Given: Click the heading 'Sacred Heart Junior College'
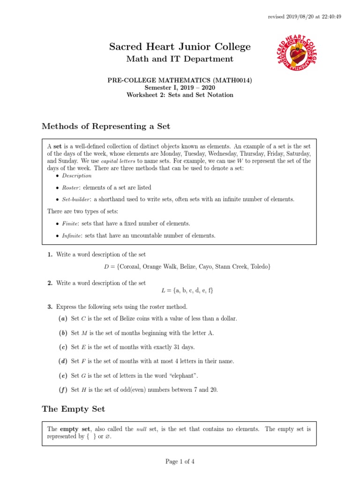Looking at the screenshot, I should coord(180,46).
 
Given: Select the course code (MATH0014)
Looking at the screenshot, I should coord(231,80).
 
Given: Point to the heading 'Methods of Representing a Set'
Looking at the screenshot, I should coord(106,126).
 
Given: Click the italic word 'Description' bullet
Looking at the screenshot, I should coord(77,176).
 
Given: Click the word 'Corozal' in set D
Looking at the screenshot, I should coord(131,267).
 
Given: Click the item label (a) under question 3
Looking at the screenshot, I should coord(63,319).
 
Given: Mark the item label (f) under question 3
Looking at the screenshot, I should coord(63,390).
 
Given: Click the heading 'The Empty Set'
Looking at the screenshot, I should coord(73,409).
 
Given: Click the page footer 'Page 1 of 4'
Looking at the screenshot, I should coord(180,461).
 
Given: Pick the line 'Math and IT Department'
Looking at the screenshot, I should coord(180,59).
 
